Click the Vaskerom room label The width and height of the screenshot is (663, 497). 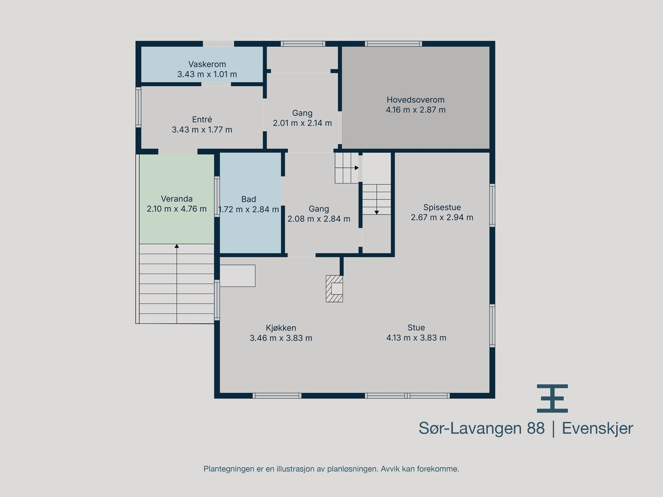click(207, 64)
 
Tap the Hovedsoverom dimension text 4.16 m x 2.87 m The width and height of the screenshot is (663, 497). click(416, 110)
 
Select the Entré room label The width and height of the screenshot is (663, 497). click(202, 120)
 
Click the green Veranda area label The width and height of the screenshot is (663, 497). click(177, 199)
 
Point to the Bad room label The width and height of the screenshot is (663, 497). click(249, 199)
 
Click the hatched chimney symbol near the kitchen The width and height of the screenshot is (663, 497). click(334, 288)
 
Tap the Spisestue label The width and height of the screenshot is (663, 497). click(442, 207)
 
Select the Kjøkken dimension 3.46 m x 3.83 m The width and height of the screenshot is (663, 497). click(281, 338)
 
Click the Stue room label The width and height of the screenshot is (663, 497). click(416, 328)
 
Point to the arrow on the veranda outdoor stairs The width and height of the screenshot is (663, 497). click(177, 246)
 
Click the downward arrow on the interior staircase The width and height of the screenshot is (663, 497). click(377, 212)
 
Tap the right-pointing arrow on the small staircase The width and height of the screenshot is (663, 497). click(356, 168)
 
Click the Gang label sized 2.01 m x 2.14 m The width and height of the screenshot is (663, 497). click(302, 113)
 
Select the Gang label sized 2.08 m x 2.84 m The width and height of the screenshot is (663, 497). click(319, 209)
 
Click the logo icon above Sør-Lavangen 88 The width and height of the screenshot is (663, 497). click(552, 398)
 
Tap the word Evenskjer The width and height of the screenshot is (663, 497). click(597, 428)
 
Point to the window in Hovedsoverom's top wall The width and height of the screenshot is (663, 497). click(393, 43)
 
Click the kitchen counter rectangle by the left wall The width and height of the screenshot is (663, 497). click(237, 276)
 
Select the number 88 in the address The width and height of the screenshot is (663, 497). click(536, 428)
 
